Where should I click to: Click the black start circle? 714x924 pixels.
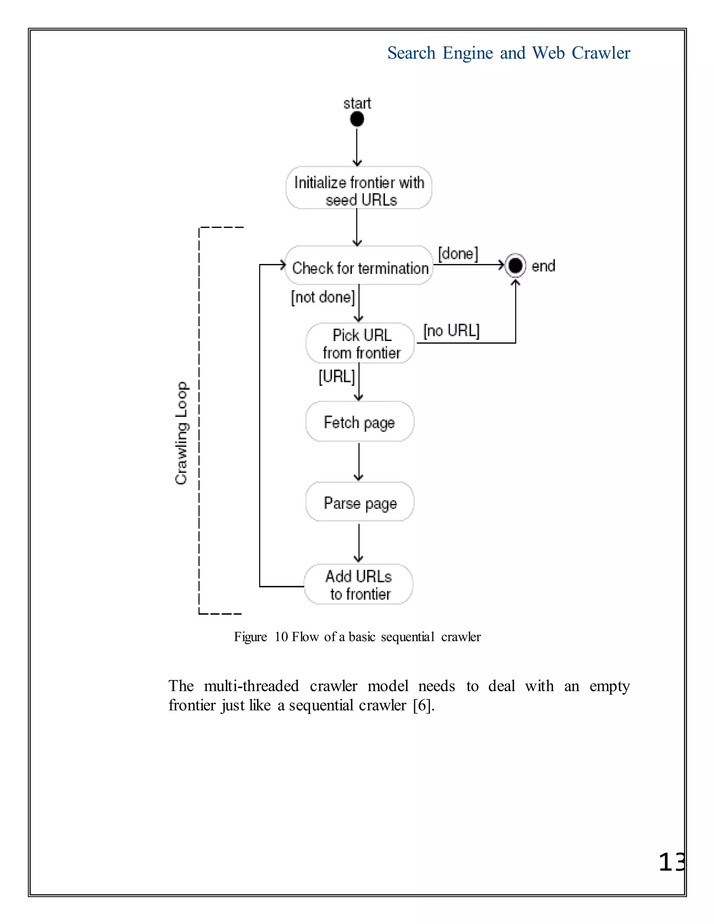pos(357,119)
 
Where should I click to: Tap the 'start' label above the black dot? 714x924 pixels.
pos(357,103)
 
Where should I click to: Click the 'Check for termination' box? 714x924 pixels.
pos(359,266)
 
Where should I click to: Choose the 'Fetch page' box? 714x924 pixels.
pos(359,422)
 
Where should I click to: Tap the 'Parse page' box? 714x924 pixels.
pos(360,502)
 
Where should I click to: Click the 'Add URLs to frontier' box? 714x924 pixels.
pos(359,585)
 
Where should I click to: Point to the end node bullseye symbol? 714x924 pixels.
pos(515,266)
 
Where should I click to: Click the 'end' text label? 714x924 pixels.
pos(543,266)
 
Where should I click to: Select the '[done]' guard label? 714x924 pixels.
pos(458,254)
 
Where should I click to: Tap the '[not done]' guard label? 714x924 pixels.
pos(323,297)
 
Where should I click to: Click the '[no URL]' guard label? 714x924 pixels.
pos(451,331)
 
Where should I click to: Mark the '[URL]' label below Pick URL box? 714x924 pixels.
pos(337,376)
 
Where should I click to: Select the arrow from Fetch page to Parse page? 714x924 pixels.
pos(359,462)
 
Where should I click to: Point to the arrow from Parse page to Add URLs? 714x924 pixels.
pos(359,543)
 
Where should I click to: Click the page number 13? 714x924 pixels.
pos(672,862)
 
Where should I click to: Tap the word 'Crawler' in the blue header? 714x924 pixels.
pos(601,53)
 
